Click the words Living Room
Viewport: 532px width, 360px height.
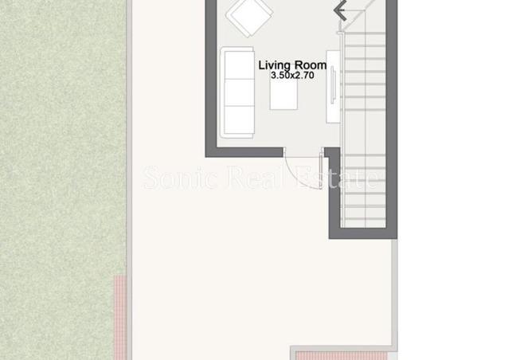[292, 65]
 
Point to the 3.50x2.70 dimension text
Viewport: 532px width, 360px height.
[292, 76]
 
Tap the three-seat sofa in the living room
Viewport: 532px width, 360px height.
[237, 92]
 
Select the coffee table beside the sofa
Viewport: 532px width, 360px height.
[284, 95]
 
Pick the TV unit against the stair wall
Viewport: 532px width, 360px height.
[333, 87]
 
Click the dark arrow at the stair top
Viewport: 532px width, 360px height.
[340, 10]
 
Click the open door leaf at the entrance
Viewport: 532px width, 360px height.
[321, 170]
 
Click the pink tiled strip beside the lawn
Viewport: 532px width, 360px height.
[119, 317]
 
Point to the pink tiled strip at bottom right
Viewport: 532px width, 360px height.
[341, 355]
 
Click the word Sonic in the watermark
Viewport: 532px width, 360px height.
[181, 178]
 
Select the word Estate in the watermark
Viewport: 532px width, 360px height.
[337, 178]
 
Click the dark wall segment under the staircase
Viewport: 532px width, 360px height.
[362, 233]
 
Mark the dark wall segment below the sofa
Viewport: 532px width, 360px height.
[244, 152]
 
